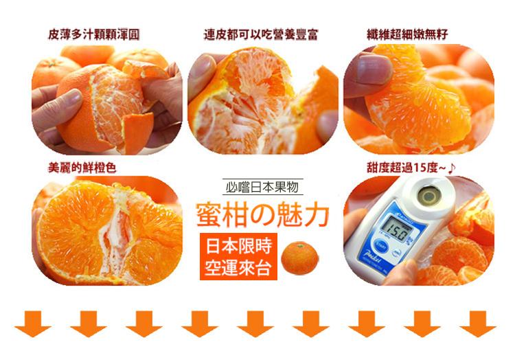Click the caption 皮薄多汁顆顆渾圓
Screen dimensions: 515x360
(93, 34)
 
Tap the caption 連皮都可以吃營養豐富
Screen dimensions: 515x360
(261, 34)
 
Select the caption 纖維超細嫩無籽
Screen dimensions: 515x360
(407, 34)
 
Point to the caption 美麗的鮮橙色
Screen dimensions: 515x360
(82, 168)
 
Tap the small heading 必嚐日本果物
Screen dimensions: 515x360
(262, 187)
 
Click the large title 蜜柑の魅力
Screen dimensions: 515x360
(262, 215)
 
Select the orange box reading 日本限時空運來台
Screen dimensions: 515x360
(238, 256)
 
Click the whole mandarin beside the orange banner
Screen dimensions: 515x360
(299, 258)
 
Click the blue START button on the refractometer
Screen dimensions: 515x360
(381, 245)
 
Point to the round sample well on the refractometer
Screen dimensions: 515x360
(428, 196)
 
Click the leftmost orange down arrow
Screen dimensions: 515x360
(32, 324)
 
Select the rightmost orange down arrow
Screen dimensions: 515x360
(478, 324)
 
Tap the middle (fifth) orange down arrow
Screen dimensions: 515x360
(255, 324)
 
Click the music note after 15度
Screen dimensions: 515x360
(453, 168)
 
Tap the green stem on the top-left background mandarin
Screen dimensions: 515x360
(50, 63)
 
